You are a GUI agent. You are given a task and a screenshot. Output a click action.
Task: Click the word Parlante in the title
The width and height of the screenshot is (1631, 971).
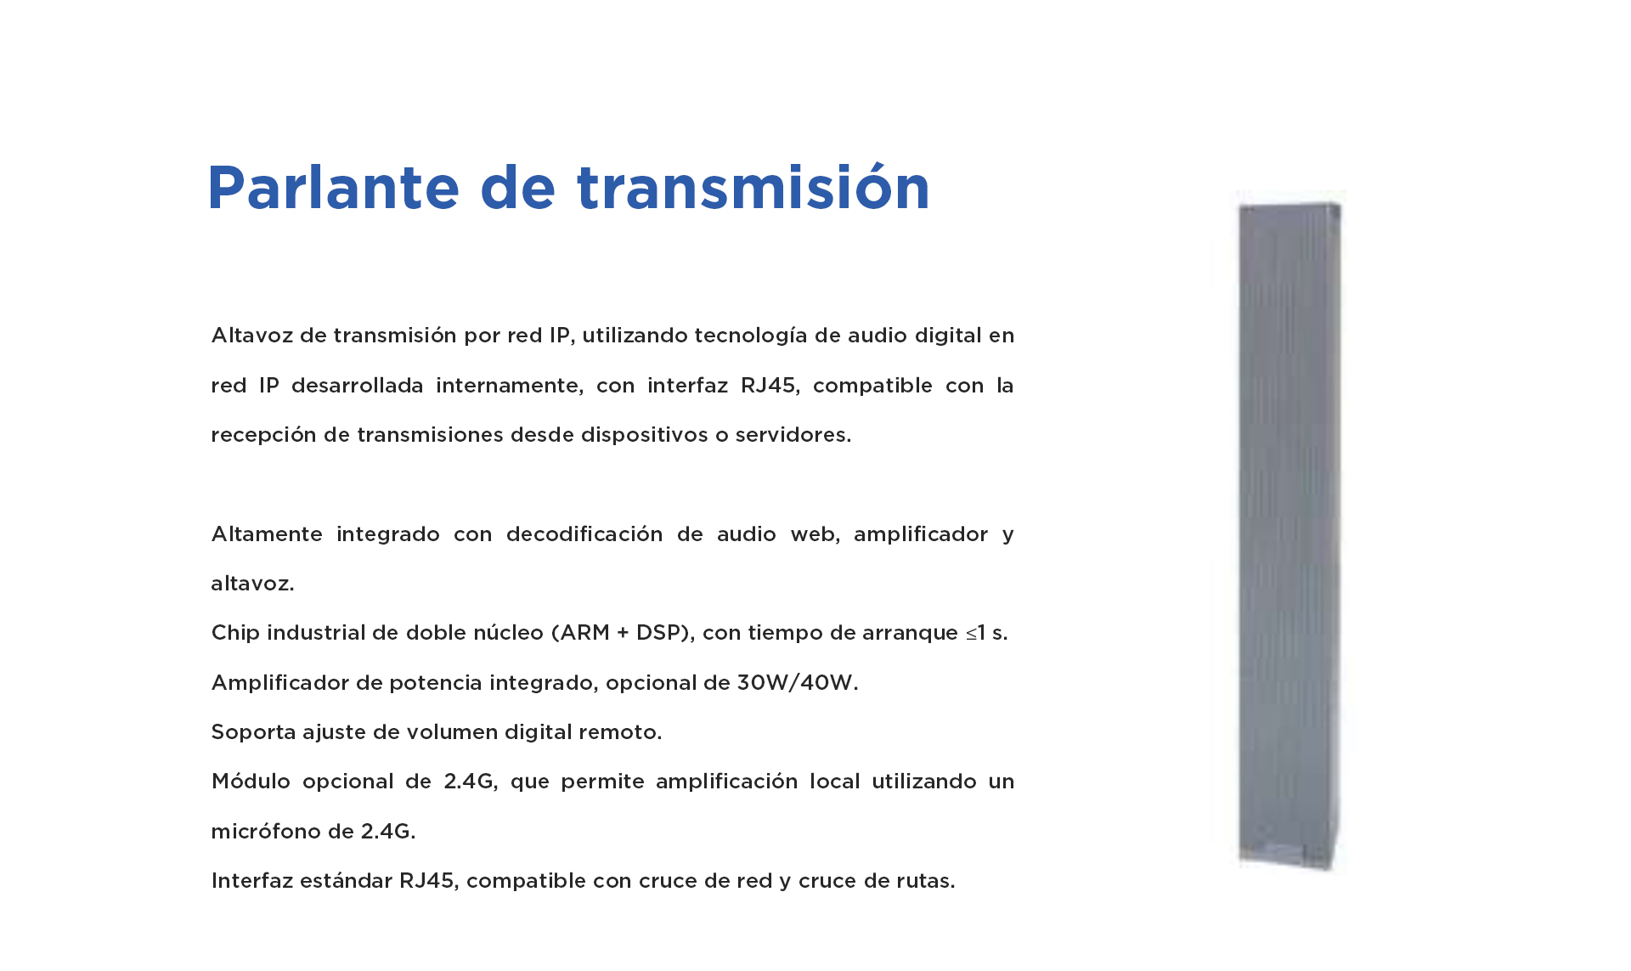click(334, 187)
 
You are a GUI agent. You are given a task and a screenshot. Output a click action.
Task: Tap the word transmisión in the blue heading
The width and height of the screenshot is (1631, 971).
click(753, 187)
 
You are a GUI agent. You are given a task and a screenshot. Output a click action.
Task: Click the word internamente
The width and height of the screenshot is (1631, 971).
click(510, 387)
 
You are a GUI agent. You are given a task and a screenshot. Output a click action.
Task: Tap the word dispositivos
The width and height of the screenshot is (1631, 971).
click(645, 436)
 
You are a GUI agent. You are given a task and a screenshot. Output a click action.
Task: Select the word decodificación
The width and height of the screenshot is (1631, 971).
click(584, 534)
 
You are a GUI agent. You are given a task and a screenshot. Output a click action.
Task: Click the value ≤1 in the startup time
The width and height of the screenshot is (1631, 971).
click(975, 634)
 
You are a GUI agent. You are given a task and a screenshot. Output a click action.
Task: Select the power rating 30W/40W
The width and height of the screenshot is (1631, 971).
click(797, 683)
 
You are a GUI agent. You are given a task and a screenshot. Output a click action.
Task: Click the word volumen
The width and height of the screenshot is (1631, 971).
click(451, 732)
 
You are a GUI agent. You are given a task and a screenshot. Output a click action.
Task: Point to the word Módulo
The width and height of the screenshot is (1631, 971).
click(251, 782)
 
